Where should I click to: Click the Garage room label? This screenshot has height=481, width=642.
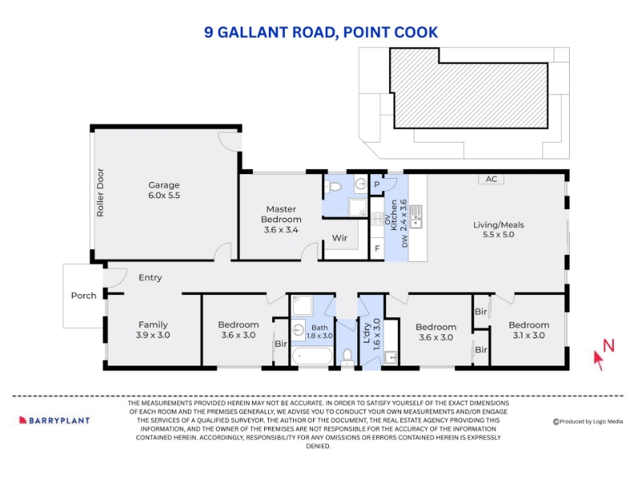(x=164, y=190)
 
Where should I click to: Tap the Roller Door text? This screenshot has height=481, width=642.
(x=100, y=192)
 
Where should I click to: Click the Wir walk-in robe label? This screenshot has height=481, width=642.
(x=339, y=237)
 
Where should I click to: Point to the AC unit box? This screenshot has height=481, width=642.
(x=491, y=179)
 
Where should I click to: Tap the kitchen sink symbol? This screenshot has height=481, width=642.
(x=416, y=216)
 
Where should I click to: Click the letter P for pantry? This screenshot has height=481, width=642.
(x=376, y=184)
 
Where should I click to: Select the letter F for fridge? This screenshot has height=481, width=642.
(x=377, y=249)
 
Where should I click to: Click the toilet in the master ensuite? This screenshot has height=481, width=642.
(x=333, y=188)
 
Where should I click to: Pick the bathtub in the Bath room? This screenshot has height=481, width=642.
(x=312, y=356)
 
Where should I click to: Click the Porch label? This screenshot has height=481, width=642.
(x=83, y=296)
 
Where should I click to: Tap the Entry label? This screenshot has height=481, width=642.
(x=150, y=277)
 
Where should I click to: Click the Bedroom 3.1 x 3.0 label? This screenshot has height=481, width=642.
(x=529, y=330)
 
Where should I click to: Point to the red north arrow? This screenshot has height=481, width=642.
(x=599, y=360)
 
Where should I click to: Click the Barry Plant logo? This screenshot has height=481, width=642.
(x=55, y=420)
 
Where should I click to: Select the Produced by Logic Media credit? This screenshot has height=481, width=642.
(x=587, y=422)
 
